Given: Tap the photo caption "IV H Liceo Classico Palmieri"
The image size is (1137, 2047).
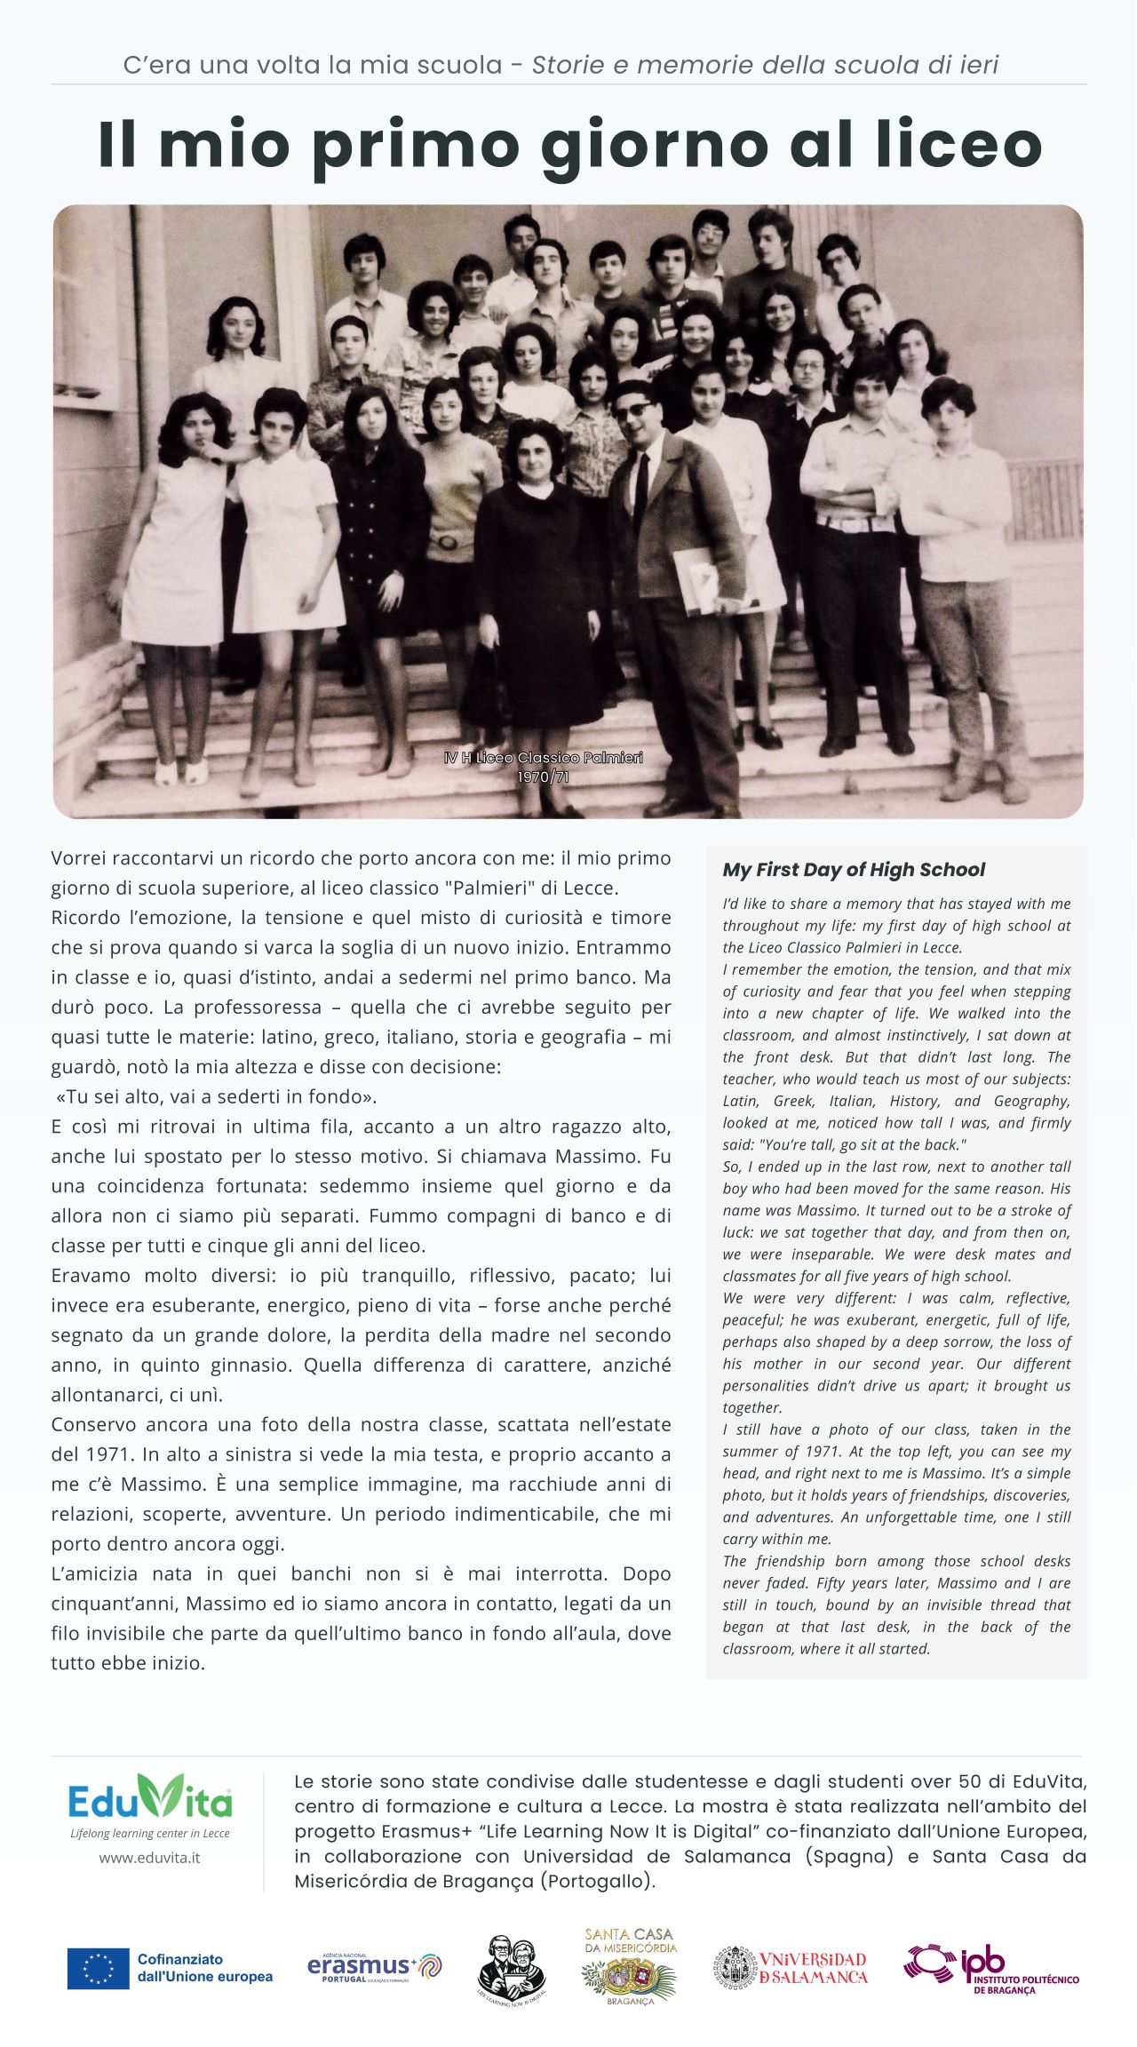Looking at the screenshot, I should click(x=543, y=758).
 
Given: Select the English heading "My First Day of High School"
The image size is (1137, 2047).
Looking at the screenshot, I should click(x=854, y=870).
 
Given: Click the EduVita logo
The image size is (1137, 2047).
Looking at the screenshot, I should click(x=150, y=1798).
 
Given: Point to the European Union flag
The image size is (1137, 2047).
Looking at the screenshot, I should click(x=98, y=1968).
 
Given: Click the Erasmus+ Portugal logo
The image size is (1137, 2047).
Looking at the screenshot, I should click(x=373, y=1967).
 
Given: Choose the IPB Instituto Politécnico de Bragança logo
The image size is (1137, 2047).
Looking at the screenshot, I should click(x=990, y=1968).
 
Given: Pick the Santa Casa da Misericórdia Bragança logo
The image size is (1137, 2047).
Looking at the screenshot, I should click(x=630, y=1965).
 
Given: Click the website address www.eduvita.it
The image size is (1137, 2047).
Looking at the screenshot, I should click(x=149, y=1858).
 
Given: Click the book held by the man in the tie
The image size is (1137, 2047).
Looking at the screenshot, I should click(x=702, y=579).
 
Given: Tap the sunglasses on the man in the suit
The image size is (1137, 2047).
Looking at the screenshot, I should click(x=632, y=410).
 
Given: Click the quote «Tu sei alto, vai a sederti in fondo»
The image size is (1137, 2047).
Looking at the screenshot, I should click(x=216, y=1096).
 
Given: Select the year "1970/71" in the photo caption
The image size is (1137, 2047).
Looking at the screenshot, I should click(x=543, y=777).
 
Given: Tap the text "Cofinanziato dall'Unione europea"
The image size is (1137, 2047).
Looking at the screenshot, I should click(x=204, y=1968).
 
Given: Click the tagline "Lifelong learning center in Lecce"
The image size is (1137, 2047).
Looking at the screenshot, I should click(x=149, y=1834).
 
